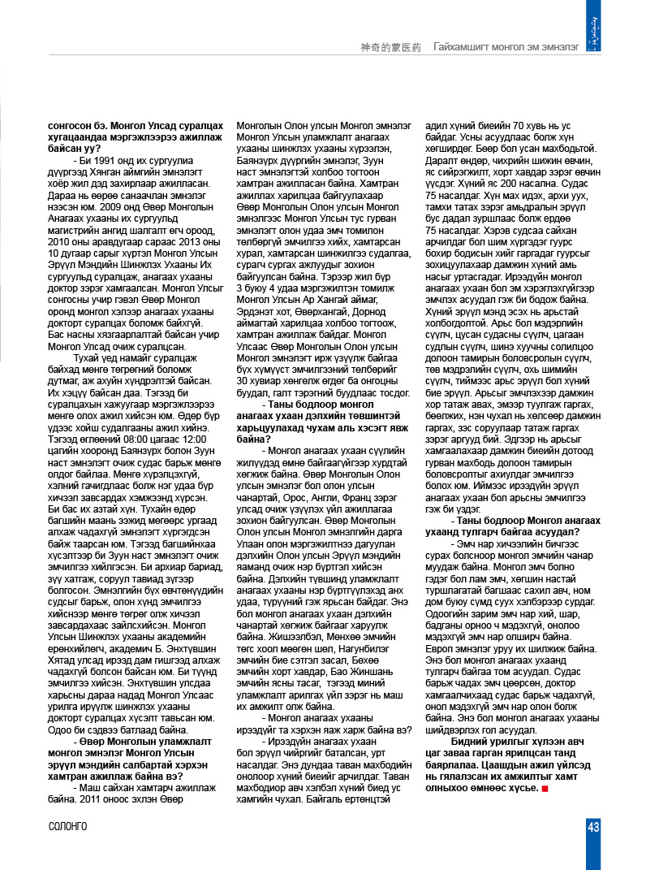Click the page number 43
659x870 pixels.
coord(593,826)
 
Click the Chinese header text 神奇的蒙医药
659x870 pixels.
coord(390,48)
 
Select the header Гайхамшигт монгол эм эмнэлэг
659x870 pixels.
coord(505,48)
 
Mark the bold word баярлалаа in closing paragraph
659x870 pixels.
coord(453,764)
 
